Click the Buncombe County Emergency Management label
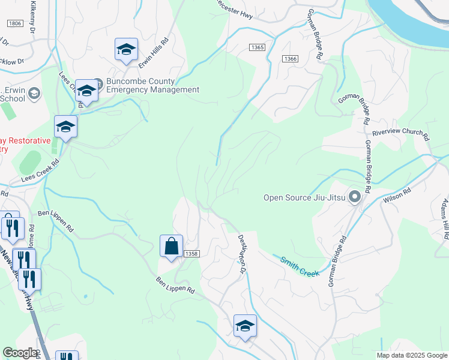152,86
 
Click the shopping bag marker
171,246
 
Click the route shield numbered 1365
257,47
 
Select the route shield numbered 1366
291,58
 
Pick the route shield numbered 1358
191,254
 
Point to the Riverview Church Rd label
400,134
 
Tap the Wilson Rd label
397,197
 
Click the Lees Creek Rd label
40,170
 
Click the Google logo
19,353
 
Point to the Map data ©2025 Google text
411,355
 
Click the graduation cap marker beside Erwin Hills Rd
126,49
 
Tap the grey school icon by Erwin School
34,93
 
